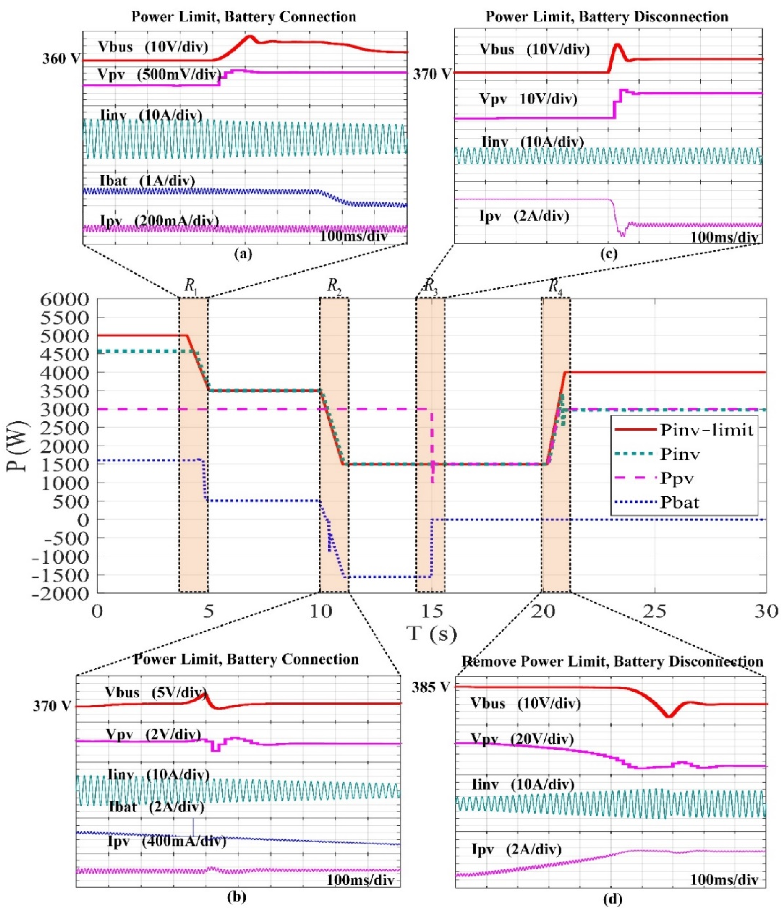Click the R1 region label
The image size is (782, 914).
coord(191,286)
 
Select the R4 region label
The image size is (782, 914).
coord(555,286)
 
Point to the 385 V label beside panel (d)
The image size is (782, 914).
coord(431,688)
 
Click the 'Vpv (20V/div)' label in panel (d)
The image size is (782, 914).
coord(522,739)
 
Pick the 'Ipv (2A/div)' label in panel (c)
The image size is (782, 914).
coord(524,216)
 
